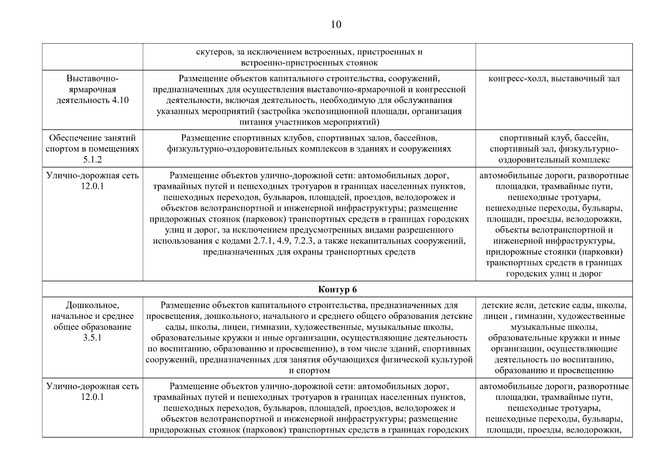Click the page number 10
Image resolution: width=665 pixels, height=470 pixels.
[x=336, y=25]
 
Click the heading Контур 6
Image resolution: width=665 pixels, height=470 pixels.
[x=337, y=289]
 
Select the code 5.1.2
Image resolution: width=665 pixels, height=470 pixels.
[x=92, y=160]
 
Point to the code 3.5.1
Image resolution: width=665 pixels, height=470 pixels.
[x=92, y=338]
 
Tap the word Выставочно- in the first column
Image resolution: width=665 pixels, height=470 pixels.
[x=92, y=78]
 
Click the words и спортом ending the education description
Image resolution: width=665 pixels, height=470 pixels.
[x=309, y=371]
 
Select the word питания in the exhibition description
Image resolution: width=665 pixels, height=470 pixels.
[x=254, y=122]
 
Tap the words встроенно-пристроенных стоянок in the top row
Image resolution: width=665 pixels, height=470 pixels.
[x=309, y=63]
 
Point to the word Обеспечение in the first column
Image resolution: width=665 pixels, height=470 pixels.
[x=73, y=138]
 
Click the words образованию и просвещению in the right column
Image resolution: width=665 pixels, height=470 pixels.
[x=554, y=371]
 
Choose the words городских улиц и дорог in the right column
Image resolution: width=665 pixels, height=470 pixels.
[x=554, y=274]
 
